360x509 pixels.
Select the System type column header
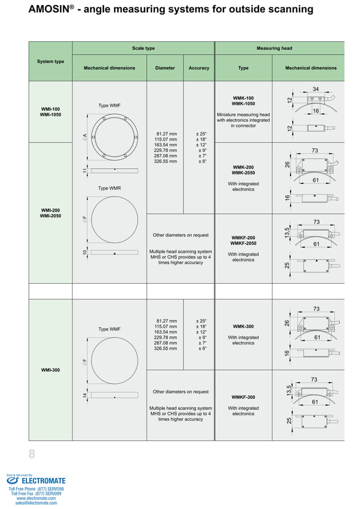pyautogui.click(x=50, y=62)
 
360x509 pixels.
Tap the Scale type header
pyautogui.click(x=143, y=49)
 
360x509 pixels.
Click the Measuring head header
pyautogui.click(x=274, y=49)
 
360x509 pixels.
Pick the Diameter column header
pyautogui.click(x=165, y=68)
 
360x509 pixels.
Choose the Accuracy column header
pyautogui.click(x=199, y=68)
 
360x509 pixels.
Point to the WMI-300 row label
pyautogui.click(x=50, y=370)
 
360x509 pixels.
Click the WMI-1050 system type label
pyautogui.click(x=50, y=115)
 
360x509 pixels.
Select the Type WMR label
pyautogui.click(x=109, y=188)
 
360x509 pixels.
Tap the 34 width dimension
pyautogui.click(x=316, y=89)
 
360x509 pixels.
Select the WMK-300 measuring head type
pyautogui.click(x=243, y=327)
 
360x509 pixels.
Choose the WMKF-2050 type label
pyautogui.click(x=243, y=243)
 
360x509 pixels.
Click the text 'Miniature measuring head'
pyautogui.click(x=243, y=115)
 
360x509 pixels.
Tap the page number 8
pyautogui.click(x=32, y=454)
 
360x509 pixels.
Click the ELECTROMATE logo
pyautogui.click(x=36, y=481)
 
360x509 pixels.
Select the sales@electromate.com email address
pyautogui.click(x=36, y=503)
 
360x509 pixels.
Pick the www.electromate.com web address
pyautogui.click(x=36, y=498)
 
